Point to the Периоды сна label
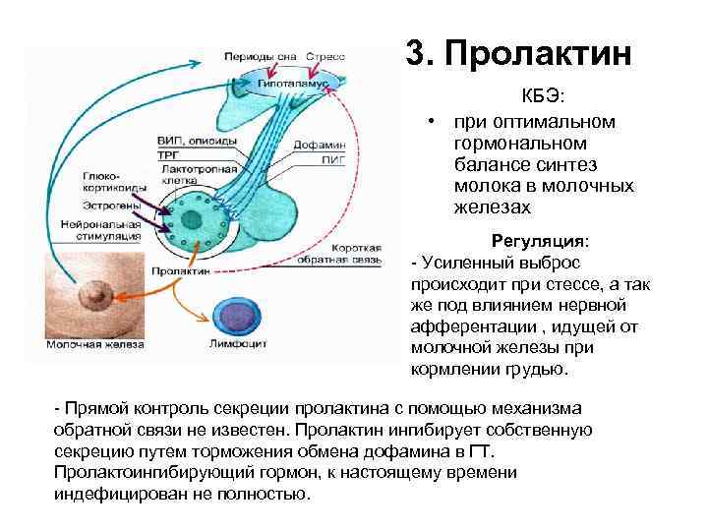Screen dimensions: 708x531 [260, 56]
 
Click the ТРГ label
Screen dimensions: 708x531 [168, 155]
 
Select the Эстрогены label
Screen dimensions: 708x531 [84, 206]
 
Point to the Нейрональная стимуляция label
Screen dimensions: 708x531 [94, 230]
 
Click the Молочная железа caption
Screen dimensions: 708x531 [94, 345]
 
